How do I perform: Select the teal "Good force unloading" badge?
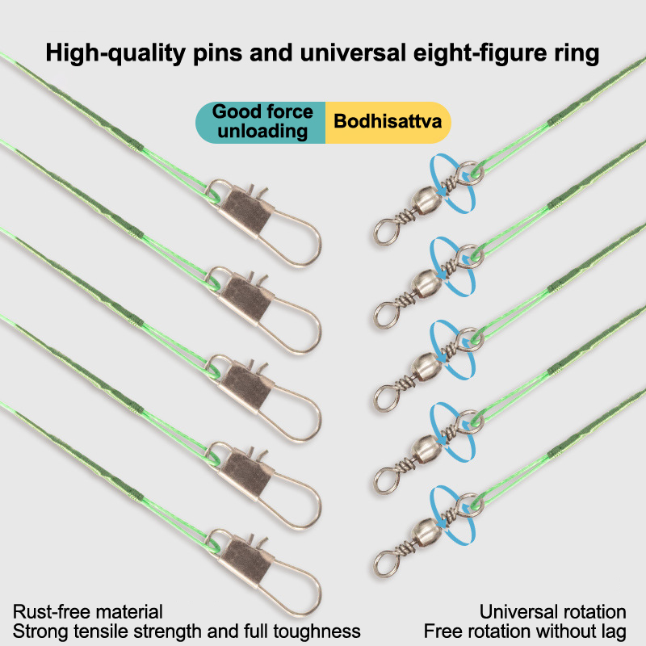[x=262, y=122]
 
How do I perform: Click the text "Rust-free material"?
[x=88, y=612]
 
